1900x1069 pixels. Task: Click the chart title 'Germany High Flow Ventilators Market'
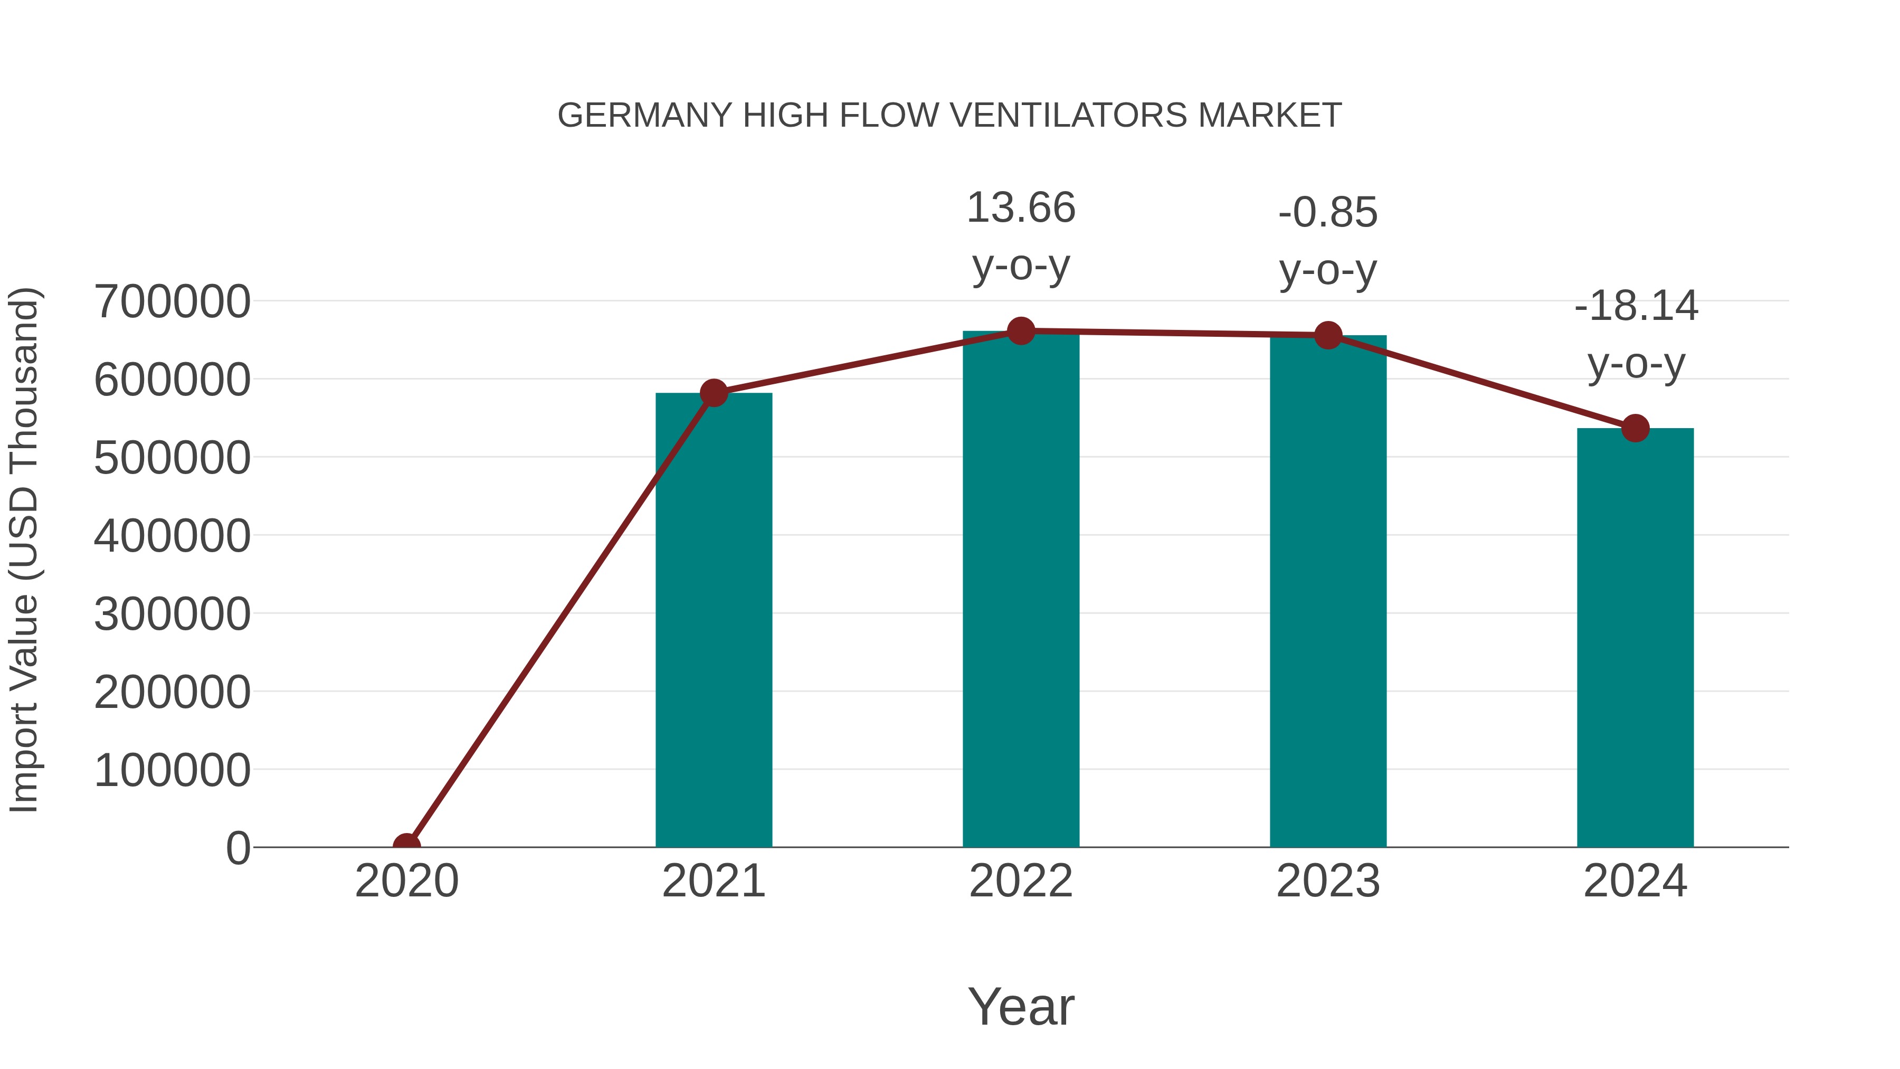click(x=949, y=116)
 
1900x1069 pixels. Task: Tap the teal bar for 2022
click(x=1021, y=590)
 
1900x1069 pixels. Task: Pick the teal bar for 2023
click(x=1328, y=590)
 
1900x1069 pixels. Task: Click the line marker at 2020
click(x=406, y=846)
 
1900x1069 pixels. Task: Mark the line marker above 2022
click(x=1021, y=331)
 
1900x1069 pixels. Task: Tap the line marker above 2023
click(x=1328, y=336)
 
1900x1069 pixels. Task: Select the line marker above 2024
click(x=1635, y=428)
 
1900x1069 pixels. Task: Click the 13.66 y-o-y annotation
click(x=1021, y=236)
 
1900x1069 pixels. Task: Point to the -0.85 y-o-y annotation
click(x=1328, y=241)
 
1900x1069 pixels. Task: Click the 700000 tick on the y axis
click(x=172, y=302)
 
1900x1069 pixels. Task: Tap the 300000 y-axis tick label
click(x=172, y=614)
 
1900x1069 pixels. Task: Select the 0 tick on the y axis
click(x=237, y=848)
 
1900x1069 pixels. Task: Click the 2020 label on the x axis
click(x=406, y=881)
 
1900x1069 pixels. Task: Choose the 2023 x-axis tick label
click(x=1328, y=881)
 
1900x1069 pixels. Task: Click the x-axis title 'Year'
click(x=1021, y=1006)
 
